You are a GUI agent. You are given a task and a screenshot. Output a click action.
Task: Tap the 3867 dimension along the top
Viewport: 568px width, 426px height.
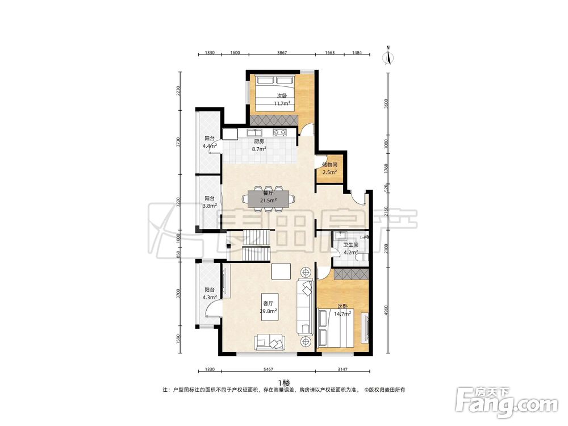click(x=282, y=52)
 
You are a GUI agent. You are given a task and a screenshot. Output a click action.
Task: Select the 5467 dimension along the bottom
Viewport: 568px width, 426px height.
click(x=268, y=370)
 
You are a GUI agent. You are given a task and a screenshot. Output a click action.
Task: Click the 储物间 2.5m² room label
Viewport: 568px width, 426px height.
click(x=329, y=169)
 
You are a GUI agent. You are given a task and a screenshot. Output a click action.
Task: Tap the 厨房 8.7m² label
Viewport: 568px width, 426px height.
click(x=259, y=145)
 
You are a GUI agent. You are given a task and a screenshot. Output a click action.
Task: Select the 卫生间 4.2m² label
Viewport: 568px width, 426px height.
click(x=350, y=249)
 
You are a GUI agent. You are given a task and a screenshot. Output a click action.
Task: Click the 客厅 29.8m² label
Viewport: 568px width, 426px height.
click(x=269, y=307)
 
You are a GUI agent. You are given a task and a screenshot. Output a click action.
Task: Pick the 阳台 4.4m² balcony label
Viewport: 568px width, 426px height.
click(x=210, y=142)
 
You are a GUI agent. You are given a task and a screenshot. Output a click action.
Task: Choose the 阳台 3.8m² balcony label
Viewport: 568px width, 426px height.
click(x=210, y=202)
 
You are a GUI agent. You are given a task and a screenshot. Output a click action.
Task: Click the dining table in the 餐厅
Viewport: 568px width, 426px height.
click(x=269, y=198)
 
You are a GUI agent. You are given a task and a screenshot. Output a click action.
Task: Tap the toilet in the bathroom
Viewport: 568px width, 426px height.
click(x=362, y=257)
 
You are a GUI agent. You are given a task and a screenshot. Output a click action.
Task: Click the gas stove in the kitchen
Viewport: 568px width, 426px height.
click(x=279, y=132)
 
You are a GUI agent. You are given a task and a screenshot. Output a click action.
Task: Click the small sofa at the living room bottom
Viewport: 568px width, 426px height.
click(x=269, y=343)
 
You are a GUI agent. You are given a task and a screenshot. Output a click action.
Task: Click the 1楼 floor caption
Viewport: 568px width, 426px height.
click(x=284, y=382)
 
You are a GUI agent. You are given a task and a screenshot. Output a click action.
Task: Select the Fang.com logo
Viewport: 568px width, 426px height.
click(x=507, y=402)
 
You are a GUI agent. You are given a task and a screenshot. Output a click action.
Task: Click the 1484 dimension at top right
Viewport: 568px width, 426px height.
click(x=357, y=52)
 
